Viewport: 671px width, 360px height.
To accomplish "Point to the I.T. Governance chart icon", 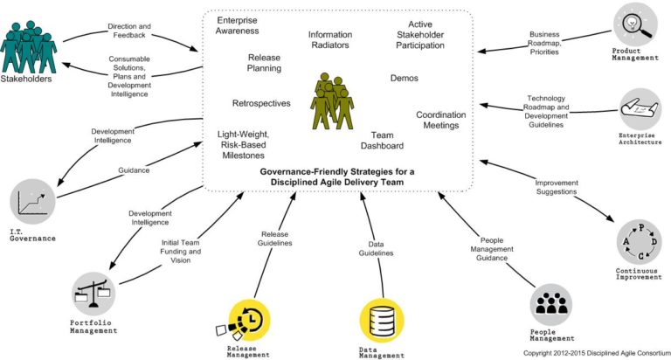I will point(32,202).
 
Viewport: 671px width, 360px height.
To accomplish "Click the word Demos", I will point(404,79).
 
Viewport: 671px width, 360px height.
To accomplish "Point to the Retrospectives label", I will point(261,103).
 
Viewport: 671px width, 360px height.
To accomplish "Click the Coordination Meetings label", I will point(440,120).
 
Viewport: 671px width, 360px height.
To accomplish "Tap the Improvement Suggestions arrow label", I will point(557,188).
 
